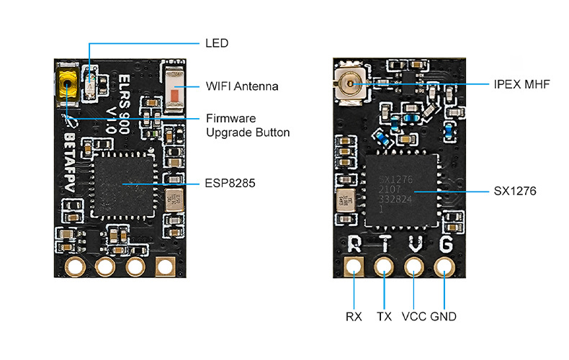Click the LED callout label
tap(217, 43)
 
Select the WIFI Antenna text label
tap(242, 86)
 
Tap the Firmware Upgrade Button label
tap(248, 125)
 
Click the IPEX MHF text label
tap(522, 84)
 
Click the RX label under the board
tap(354, 316)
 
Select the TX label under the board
tap(384, 316)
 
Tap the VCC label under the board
tap(414, 316)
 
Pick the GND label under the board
tap(444, 316)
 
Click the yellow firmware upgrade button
tap(68, 84)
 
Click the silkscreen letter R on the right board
tap(354, 244)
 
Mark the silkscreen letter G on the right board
tap(445, 244)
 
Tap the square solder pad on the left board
tap(165, 267)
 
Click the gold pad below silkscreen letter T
tap(384, 268)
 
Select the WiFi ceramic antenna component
tap(176, 91)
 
